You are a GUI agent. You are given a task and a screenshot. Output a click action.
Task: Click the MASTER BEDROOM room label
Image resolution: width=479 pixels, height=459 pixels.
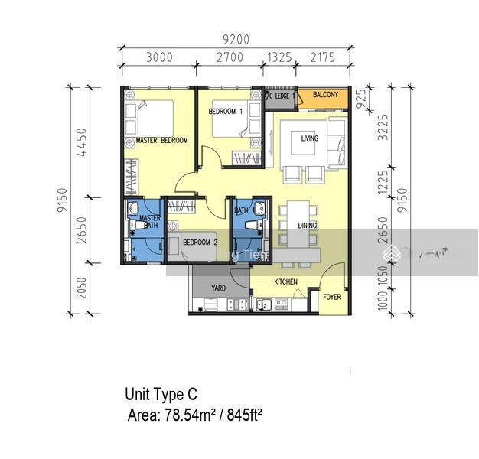coord(161,141)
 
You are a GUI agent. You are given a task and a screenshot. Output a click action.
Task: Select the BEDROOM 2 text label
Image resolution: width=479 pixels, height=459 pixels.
coord(200,243)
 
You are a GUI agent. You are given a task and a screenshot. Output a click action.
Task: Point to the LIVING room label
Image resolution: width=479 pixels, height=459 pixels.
coord(309,138)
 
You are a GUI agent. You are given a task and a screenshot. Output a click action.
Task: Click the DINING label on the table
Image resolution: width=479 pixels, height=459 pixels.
coord(307,226)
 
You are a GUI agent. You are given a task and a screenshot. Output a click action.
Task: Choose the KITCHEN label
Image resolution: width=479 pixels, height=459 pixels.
coord(285,282)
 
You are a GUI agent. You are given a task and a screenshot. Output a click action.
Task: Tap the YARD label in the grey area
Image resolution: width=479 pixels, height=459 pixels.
coord(219,288)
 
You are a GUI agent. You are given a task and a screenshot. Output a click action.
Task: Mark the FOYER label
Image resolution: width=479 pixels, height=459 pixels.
coord(331,297)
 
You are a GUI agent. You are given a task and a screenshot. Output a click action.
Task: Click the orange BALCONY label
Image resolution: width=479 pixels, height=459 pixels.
coord(325,95)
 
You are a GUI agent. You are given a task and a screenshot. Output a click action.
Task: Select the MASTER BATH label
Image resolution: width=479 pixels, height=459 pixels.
coord(149,222)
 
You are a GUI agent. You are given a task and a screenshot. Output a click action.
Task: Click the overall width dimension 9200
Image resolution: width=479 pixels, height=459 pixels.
coord(235,39)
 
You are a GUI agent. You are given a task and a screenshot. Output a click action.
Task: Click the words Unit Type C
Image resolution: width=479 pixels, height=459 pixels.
coord(161,395)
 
